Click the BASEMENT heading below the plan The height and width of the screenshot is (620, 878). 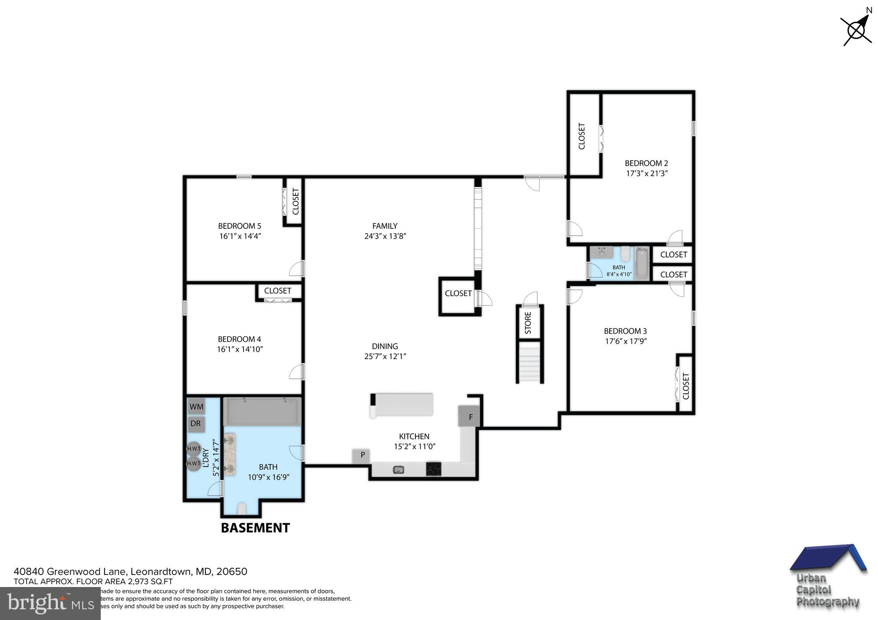255,527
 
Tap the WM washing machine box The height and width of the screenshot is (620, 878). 196,406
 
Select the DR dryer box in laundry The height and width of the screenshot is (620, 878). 195,424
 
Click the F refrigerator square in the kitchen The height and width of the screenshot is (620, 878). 470,416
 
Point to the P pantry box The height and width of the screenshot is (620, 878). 362,455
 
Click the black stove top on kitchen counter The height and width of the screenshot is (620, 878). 433,469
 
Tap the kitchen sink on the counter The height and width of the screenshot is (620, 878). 399,470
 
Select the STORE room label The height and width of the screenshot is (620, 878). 528,323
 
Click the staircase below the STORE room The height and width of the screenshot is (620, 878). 530,362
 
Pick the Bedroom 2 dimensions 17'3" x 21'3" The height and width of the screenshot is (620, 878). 647,174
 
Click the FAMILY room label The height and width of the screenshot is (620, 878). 385,226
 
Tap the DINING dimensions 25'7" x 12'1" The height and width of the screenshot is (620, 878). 385,356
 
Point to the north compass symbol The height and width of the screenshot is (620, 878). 856,30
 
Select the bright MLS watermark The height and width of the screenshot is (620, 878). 50,604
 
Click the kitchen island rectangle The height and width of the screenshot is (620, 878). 402,404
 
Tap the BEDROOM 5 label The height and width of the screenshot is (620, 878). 239,226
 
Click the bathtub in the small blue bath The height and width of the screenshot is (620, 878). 642,263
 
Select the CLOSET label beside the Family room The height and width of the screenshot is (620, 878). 458,294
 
